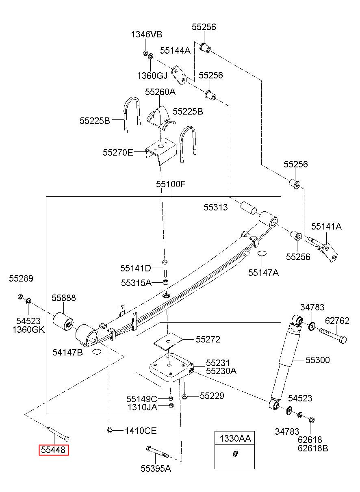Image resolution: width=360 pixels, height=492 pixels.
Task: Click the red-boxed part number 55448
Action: coord(54,450)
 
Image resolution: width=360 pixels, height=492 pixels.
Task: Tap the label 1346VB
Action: coord(147,34)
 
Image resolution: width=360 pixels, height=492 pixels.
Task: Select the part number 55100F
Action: coord(171,184)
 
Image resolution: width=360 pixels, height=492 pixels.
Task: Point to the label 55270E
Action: coord(118,152)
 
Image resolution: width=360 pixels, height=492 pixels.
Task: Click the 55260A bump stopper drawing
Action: coord(160,119)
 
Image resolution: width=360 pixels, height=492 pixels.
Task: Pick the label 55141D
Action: coord(136,268)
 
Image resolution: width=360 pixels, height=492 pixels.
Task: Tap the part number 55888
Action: coord(64,298)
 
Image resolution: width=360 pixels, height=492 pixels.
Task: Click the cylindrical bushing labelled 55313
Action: coord(249,207)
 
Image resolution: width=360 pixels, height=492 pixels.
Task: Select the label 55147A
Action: coord(263,273)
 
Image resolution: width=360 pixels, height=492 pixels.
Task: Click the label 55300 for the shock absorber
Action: coord(318,360)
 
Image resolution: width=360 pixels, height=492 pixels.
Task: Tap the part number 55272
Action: coord(208,339)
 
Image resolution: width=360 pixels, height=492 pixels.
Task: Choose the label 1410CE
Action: coord(141,431)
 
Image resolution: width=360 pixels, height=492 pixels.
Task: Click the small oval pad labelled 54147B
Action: coord(97,352)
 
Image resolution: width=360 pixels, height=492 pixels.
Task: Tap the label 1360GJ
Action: coord(152,76)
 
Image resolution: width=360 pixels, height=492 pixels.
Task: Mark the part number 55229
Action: coord(212,396)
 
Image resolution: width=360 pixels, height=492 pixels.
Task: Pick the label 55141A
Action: coord(326,226)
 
